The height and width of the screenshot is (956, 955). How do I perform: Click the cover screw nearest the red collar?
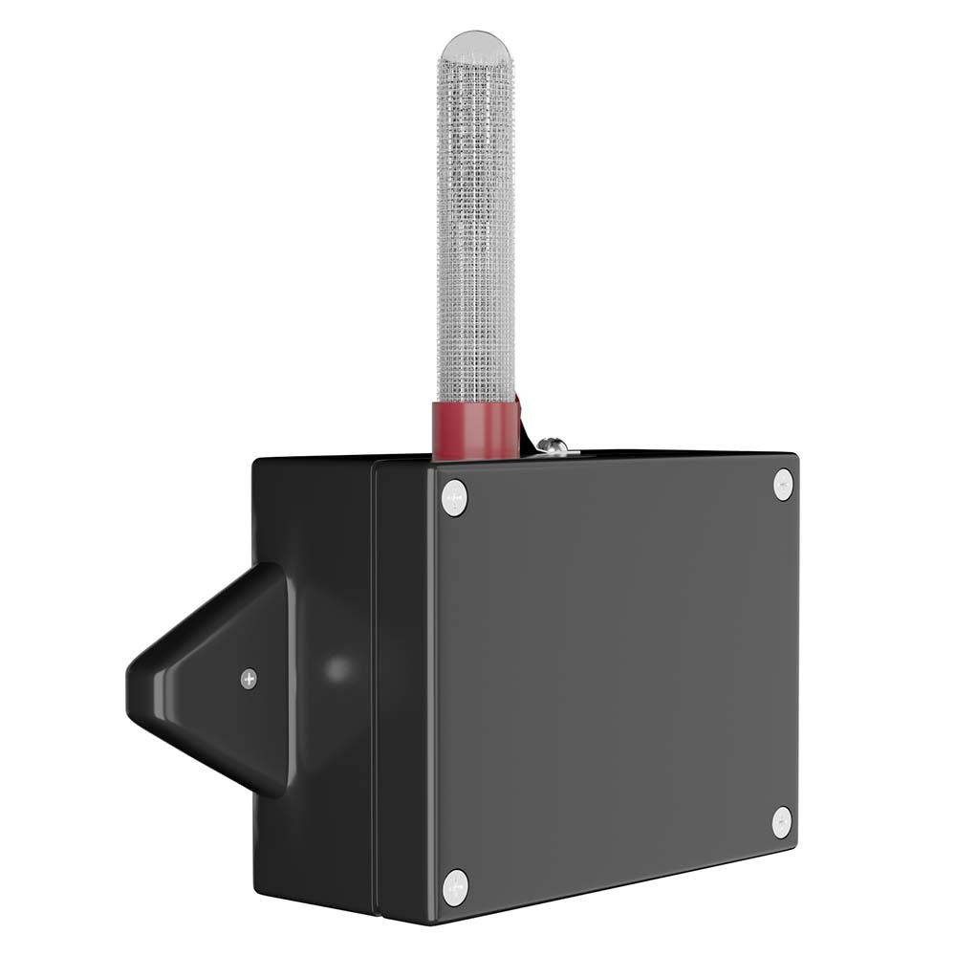454,498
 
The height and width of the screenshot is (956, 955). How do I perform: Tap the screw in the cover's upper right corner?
783,484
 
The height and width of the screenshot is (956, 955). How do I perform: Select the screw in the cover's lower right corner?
782,822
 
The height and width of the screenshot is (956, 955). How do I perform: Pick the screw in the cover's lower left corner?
455,887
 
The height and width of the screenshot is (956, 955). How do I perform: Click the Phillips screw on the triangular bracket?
249,679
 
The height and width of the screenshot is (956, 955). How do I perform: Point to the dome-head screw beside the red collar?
552,445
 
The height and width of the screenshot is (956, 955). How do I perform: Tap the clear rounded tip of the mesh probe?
476,48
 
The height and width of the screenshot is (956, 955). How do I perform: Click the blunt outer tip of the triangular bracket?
134,684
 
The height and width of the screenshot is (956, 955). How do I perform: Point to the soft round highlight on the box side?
336,669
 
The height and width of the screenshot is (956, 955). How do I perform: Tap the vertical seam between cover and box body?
375,688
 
